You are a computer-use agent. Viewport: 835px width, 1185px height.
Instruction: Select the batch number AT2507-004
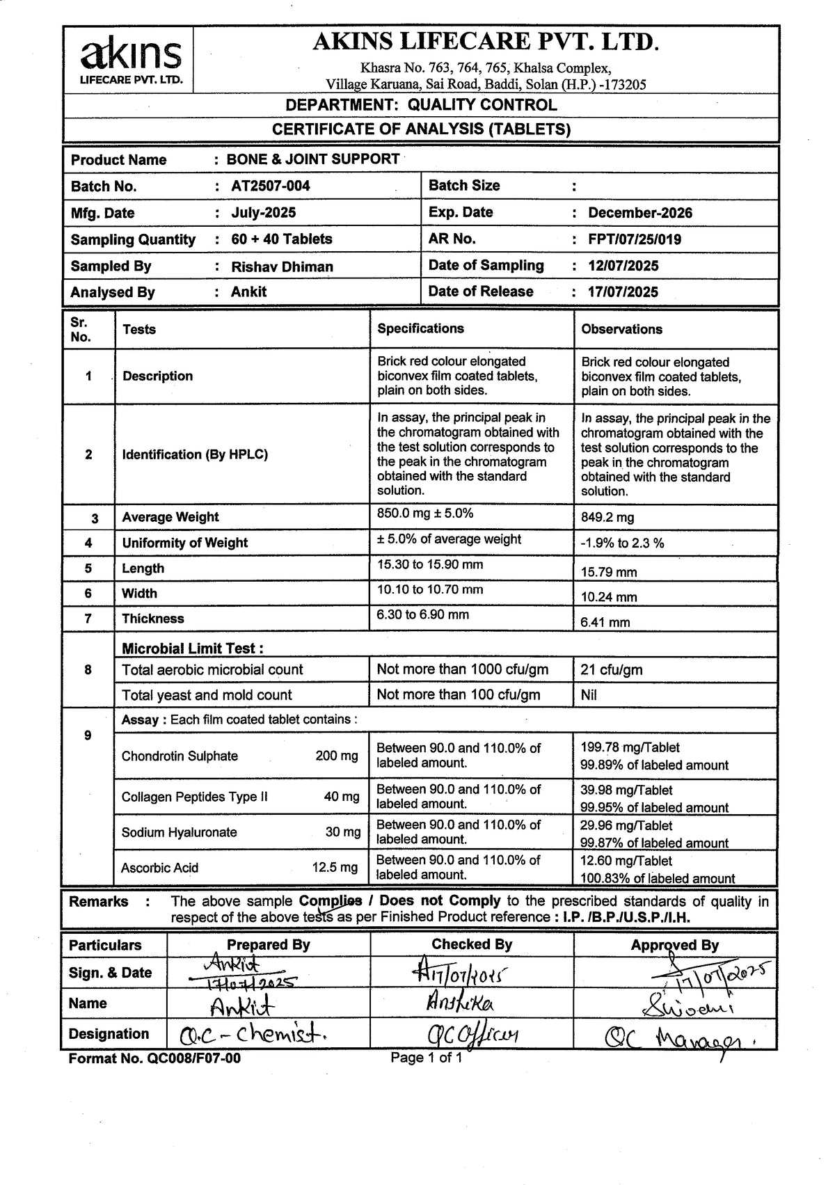tap(271, 186)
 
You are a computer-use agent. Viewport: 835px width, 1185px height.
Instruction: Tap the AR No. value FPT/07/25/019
tap(634, 239)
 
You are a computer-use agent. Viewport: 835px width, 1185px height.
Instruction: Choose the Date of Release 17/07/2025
tap(623, 292)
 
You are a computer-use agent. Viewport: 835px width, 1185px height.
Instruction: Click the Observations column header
tap(621, 329)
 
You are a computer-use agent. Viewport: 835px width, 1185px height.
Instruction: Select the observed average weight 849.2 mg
tap(607, 518)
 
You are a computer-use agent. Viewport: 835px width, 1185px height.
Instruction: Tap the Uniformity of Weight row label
tap(184, 543)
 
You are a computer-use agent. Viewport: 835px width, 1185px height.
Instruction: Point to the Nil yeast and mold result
tap(589, 695)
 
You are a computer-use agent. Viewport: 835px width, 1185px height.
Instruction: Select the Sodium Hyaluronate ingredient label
tap(179, 832)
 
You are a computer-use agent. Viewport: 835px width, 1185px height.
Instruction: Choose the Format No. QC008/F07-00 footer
tap(154, 1059)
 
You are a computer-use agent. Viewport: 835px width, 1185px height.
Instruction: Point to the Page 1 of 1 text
tap(426, 1058)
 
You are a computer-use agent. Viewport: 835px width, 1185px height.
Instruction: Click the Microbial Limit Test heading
tap(193, 649)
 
